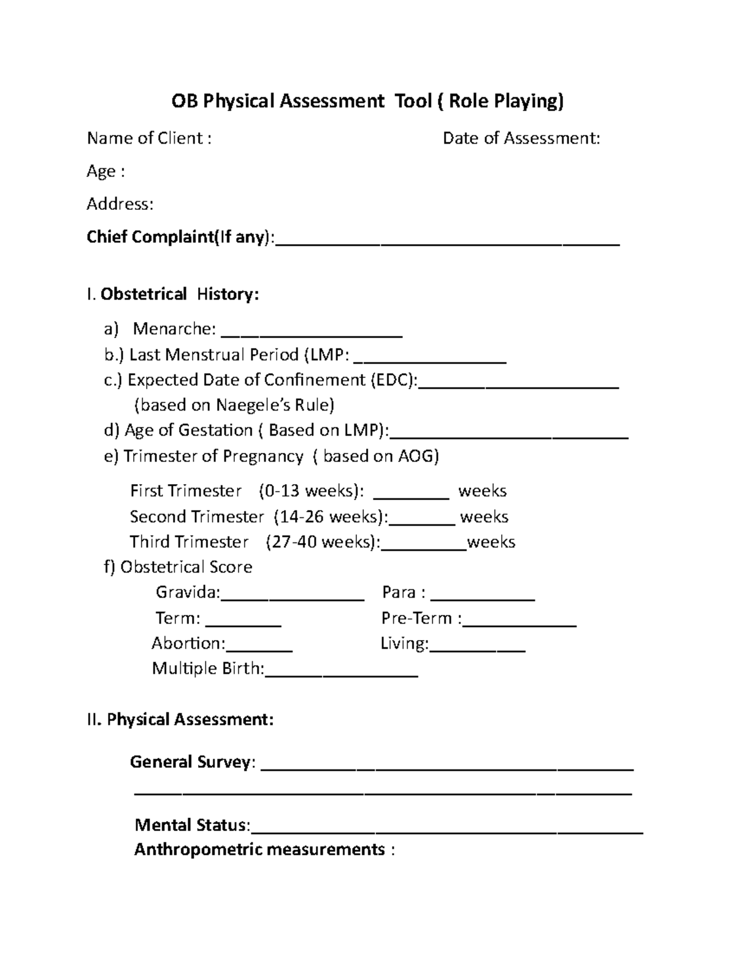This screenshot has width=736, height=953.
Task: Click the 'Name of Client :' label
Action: click(149, 138)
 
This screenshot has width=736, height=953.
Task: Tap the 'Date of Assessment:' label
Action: click(521, 138)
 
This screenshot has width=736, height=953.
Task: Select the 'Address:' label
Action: click(120, 204)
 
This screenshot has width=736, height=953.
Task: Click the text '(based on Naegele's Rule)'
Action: click(234, 405)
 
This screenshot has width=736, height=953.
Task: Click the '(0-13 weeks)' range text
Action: click(311, 491)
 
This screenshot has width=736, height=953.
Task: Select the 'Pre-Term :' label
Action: click(421, 618)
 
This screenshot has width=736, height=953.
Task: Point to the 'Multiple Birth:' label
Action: click(208, 668)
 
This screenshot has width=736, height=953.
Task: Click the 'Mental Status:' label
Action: click(193, 825)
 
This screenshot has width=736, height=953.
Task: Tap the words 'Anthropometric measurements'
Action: click(259, 850)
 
